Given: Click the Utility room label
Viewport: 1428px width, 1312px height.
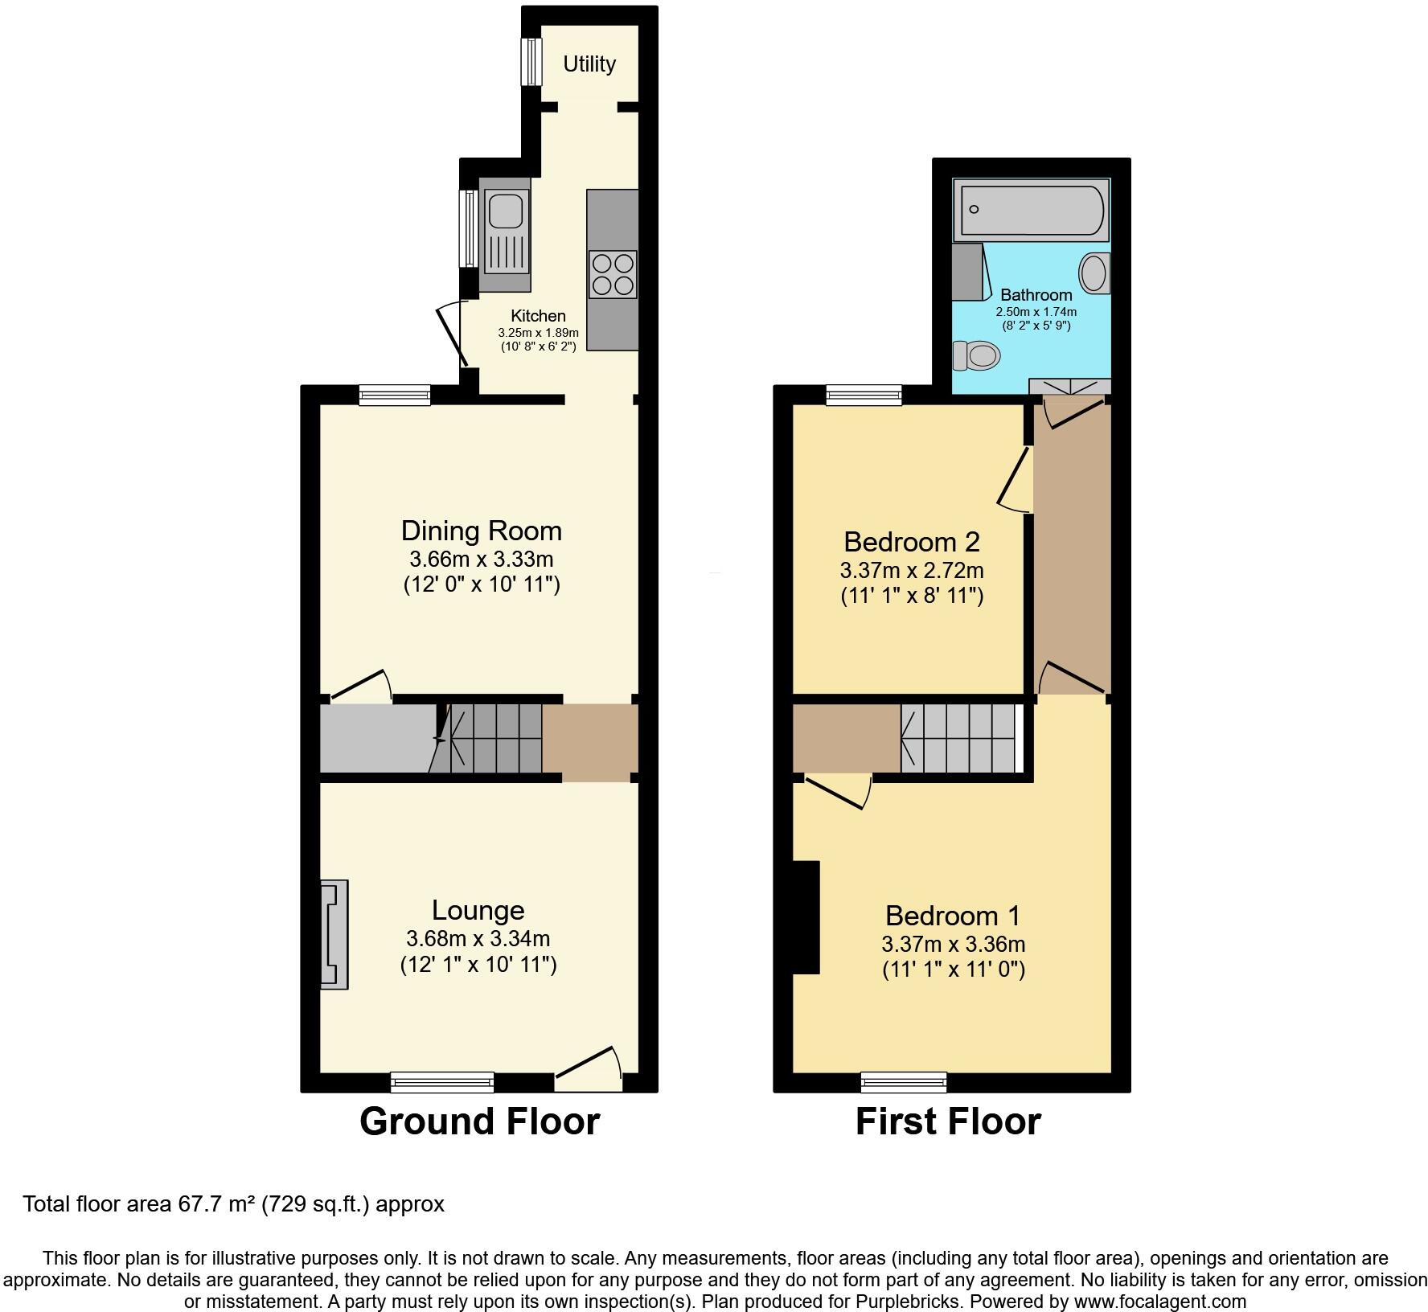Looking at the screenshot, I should click(589, 64).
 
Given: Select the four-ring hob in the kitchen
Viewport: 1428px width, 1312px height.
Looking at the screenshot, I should click(613, 274).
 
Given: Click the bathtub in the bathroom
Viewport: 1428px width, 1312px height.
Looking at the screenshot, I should click(1031, 210).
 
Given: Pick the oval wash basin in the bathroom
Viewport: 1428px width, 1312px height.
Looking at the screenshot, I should click(1094, 273).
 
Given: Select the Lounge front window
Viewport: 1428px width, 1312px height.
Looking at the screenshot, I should click(442, 1082).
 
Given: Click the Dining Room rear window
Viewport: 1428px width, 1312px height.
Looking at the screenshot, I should click(394, 394).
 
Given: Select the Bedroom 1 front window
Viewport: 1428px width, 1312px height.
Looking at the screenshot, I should click(904, 1082).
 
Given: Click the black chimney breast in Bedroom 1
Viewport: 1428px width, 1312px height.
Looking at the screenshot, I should click(806, 917).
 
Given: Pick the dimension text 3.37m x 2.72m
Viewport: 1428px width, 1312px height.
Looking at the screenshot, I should click(912, 571).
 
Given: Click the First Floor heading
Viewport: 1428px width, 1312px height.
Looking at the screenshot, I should click(948, 1121).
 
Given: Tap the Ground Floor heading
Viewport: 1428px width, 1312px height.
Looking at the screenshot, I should click(479, 1121).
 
